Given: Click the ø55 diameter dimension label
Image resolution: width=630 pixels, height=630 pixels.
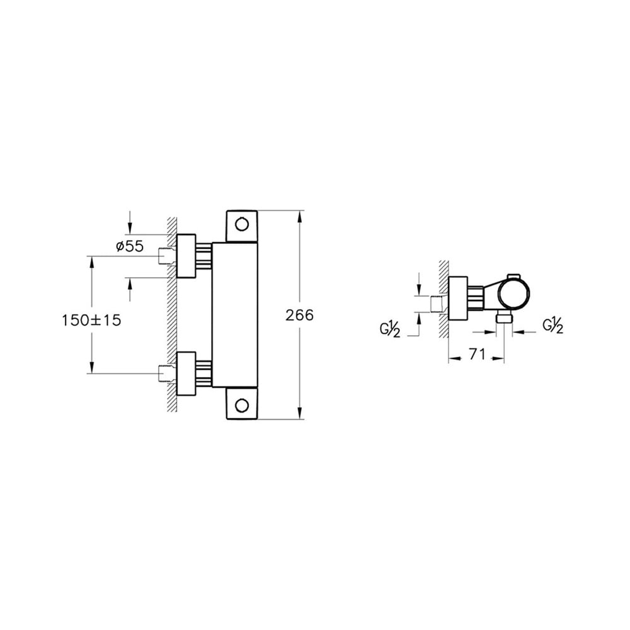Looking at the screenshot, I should pos(130,247).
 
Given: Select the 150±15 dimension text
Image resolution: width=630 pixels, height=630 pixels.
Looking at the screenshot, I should pos(91,320).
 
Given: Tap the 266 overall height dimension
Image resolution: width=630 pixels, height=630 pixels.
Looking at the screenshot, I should pos(299,316).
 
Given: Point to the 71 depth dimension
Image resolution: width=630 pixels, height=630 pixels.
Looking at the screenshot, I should pos(477,355).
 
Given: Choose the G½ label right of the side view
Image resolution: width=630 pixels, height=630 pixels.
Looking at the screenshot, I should pos(552,326).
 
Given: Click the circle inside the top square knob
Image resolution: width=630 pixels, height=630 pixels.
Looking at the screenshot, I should pos(241,224).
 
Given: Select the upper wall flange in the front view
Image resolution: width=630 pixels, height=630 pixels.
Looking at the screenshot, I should pos(186,256).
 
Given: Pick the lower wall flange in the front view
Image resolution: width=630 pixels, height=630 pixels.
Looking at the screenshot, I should pos(186,374).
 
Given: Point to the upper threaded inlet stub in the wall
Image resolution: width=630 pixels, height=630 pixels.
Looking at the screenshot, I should pos(165,256).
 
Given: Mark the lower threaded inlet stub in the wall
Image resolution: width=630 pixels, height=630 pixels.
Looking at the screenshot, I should pos(165,374).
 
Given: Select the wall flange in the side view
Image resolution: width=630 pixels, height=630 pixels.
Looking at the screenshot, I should pos(458,298).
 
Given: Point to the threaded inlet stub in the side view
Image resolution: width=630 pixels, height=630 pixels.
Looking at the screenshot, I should pos(437,304).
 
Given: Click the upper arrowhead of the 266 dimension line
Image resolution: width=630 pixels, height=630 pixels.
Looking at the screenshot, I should pos(299,215).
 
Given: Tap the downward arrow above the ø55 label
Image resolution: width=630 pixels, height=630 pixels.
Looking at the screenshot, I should pos(130,227).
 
